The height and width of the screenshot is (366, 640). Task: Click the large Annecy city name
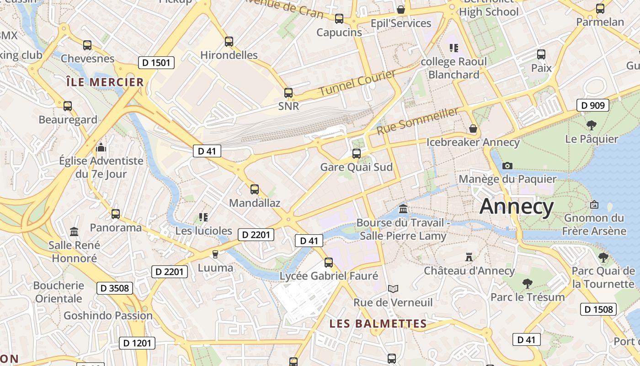coord(517,206)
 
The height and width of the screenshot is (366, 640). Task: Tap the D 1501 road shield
coord(156,63)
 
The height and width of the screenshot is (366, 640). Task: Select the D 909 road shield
coord(593,106)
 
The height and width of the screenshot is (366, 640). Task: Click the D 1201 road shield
coord(137,343)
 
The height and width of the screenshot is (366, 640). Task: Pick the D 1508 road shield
coord(598,309)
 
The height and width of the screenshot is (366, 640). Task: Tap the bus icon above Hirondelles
coord(229,42)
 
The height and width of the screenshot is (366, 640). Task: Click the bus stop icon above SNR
coord(288,93)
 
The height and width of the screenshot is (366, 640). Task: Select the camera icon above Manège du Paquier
coord(507,166)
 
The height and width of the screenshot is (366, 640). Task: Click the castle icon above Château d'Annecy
coord(469,257)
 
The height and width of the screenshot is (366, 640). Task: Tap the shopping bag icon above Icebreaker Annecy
coord(473,129)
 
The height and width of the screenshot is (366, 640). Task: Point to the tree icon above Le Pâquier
coord(591,125)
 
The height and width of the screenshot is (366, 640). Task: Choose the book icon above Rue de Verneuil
coord(393,289)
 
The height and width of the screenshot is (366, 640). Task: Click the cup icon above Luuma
coord(215,254)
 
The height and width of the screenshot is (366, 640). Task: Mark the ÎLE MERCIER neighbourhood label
coord(105,82)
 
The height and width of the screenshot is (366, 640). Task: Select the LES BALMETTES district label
coord(378,324)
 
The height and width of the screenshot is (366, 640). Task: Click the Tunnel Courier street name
coord(357,83)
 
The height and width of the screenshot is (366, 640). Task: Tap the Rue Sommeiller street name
coord(417,121)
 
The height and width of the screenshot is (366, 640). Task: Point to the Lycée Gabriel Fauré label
coord(329,276)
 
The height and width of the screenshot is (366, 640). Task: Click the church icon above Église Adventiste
coord(101,147)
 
